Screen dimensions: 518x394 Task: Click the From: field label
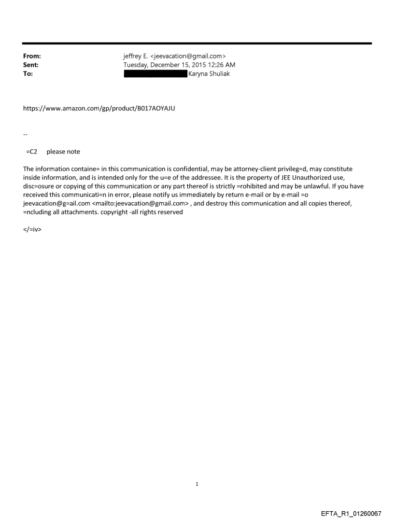tap(31, 56)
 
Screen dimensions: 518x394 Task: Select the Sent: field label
tap(30, 65)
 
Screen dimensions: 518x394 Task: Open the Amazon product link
tap(99, 108)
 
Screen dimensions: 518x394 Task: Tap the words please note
tap(63, 152)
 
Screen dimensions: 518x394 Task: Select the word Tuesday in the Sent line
tap(137, 65)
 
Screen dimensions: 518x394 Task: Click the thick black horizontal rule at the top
tap(197, 43)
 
